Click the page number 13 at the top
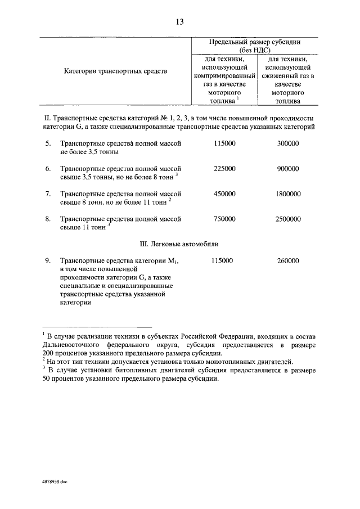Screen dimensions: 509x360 [x=179, y=22]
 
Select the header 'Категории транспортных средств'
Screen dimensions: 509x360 [x=115, y=72]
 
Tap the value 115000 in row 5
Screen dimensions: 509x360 [x=224, y=144]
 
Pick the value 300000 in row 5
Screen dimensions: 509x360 [x=288, y=144]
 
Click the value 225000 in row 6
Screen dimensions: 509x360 [x=224, y=169]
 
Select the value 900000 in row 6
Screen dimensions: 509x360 [x=288, y=169]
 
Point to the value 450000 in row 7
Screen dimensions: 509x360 [x=224, y=193]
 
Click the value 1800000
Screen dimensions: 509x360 [x=288, y=193]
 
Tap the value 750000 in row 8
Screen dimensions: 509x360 [x=224, y=219]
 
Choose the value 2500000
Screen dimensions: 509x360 [x=288, y=219]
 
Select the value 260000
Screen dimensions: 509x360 [x=288, y=261]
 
